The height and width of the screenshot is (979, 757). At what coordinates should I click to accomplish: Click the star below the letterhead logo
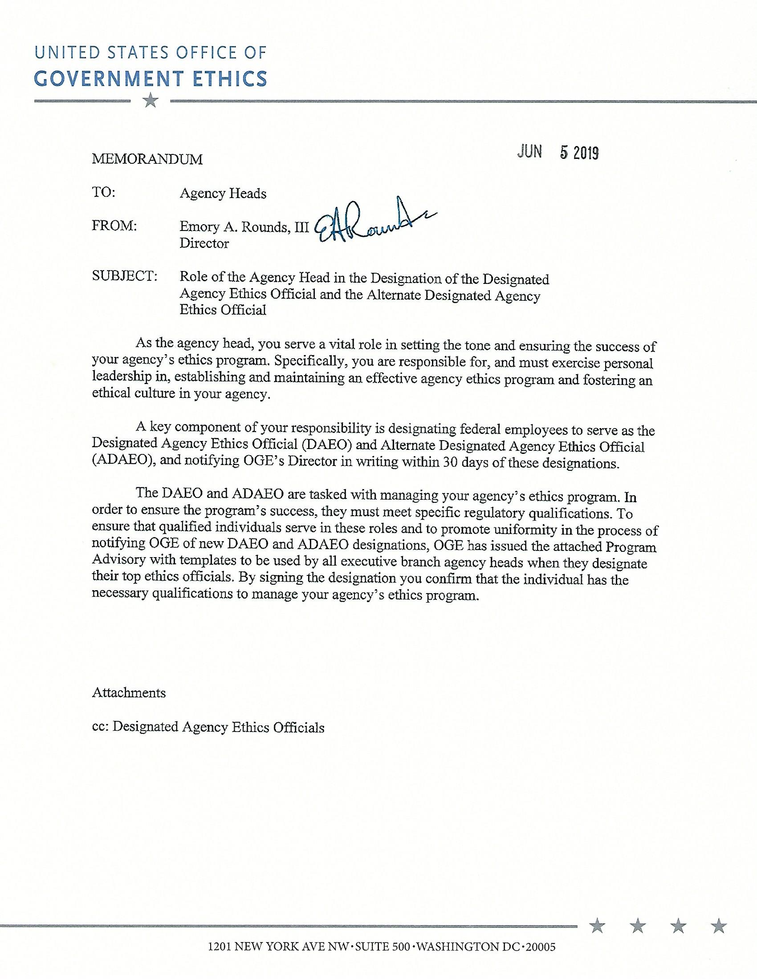pyautogui.click(x=151, y=101)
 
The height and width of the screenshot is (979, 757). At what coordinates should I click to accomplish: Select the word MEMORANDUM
pyautogui.click(x=147, y=159)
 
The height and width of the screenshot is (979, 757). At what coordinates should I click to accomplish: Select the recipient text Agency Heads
pyautogui.click(x=223, y=193)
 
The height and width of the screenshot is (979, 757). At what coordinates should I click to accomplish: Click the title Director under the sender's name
pyautogui.click(x=204, y=243)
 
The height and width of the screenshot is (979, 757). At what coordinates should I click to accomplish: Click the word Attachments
pyautogui.click(x=129, y=692)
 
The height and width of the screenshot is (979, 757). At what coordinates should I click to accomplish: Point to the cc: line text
pyautogui.click(x=208, y=727)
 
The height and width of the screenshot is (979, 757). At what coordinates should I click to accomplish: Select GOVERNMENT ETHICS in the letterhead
pyautogui.click(x=151, y=78)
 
